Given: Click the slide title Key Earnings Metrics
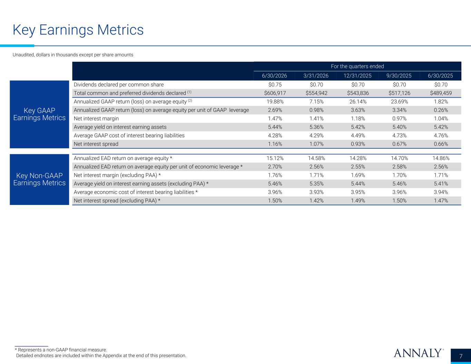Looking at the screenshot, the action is pyautogui.click(x=78, y=30).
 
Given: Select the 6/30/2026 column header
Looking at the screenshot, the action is pyautogui.click(x=274, y=76).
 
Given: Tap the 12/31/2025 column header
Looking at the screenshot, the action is pyautogui.click(x=357, y=76).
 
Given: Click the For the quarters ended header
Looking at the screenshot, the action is pyautogui.click(x=357, y=66).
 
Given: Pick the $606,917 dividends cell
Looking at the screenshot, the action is pyautogui.click(x=275, y=93).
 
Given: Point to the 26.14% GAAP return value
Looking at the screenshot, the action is pyautogui.click(x=358, y=102).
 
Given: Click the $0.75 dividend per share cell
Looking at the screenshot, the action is pyautogui.click(x=275, y=85).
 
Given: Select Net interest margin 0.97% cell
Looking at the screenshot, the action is pyautogui.click(x=399, y=119).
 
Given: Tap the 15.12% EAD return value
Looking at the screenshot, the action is pyautogui.click(x=275, y=158).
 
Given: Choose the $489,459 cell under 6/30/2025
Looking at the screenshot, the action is pyautogui.click(x=441, y=93).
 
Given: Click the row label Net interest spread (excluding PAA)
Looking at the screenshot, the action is pyautogui.click(x=117, y=201).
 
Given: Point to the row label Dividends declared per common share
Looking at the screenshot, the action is pyautogui.click(x=119, y=85).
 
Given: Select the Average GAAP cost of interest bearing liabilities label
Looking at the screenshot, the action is pyautogui.click(x=129, y=135).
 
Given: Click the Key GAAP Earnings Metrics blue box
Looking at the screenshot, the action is pyautogui.click(x=39, y=115).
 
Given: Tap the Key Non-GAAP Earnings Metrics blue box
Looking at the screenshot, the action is pyautogui.click(x=39, y=179).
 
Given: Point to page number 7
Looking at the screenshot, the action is pyautogui.click(x=461, y=356).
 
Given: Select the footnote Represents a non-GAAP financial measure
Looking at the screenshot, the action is pyautogui.click(x=61, y=350).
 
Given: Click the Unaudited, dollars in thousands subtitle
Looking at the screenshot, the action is pyautogui.click(x=73, y=55).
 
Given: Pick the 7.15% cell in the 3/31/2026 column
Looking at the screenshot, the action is pyautogui.click(x=316, y=102).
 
